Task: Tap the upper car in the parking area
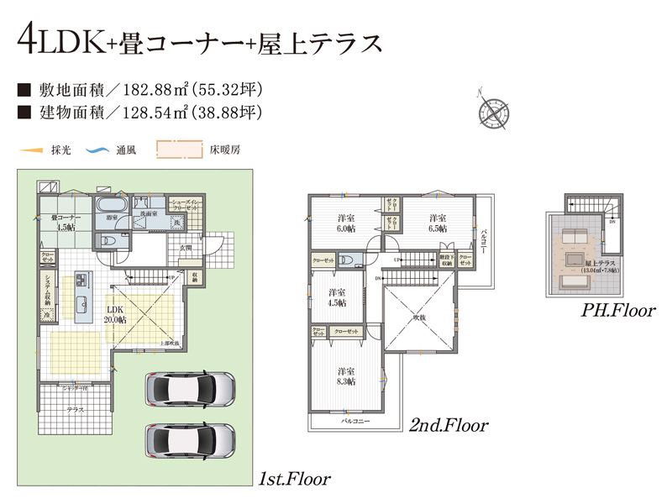191,390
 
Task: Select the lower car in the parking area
191,438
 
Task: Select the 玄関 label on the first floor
186,247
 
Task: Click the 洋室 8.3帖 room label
345,375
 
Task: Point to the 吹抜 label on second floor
419,318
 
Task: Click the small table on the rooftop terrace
576,257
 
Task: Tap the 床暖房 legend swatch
180,150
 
